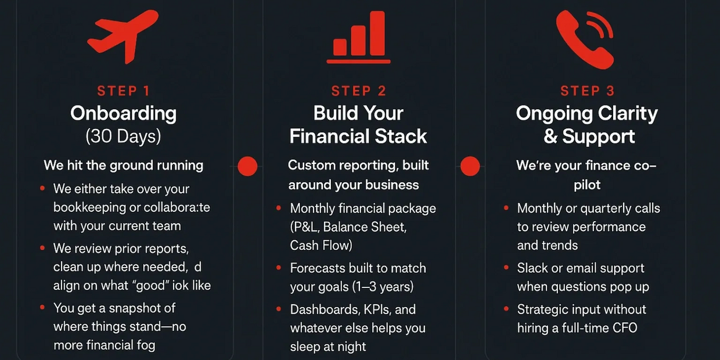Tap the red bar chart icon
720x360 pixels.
click(x=358, y=37)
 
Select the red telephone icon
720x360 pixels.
click(x=585, y=39)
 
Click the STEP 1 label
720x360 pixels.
click(x=124, y=91)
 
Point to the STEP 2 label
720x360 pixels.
click(x=359, y=91)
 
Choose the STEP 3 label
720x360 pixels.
click(x=588, y=91)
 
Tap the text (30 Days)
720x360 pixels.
click(x=123, y=136)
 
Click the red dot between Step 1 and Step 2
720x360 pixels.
click(x=247, y=166)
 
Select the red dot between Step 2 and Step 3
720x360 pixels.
click(x=470, y=166)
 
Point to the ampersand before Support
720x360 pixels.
click(x=550, y=136)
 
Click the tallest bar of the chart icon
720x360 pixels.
click(x=377, y=34)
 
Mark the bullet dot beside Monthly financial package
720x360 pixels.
click(x=279, y=208)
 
